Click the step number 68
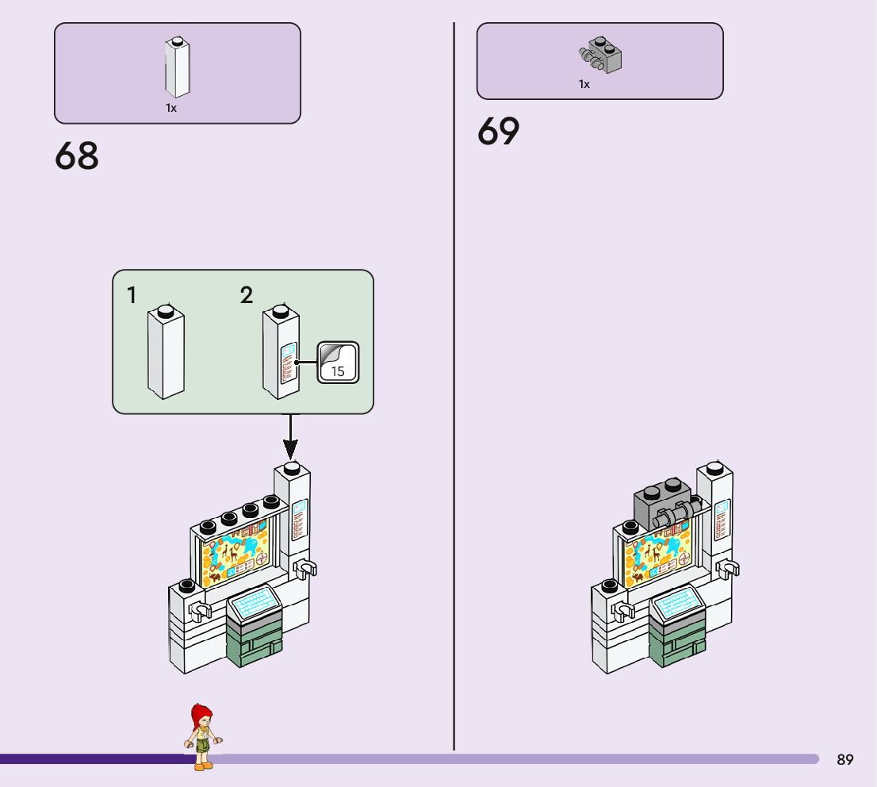tap(77, 156)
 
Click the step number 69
tap(498, 132)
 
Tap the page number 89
tap(845, 760)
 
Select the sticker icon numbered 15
tap(339, 362)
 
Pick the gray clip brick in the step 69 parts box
tap(600, 55)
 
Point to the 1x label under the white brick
tap(171, 108)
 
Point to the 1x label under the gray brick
tap(584, 84)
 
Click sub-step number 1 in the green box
tap(132, 296)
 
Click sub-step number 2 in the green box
tap(247, 296)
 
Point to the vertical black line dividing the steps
tap(454, 397)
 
